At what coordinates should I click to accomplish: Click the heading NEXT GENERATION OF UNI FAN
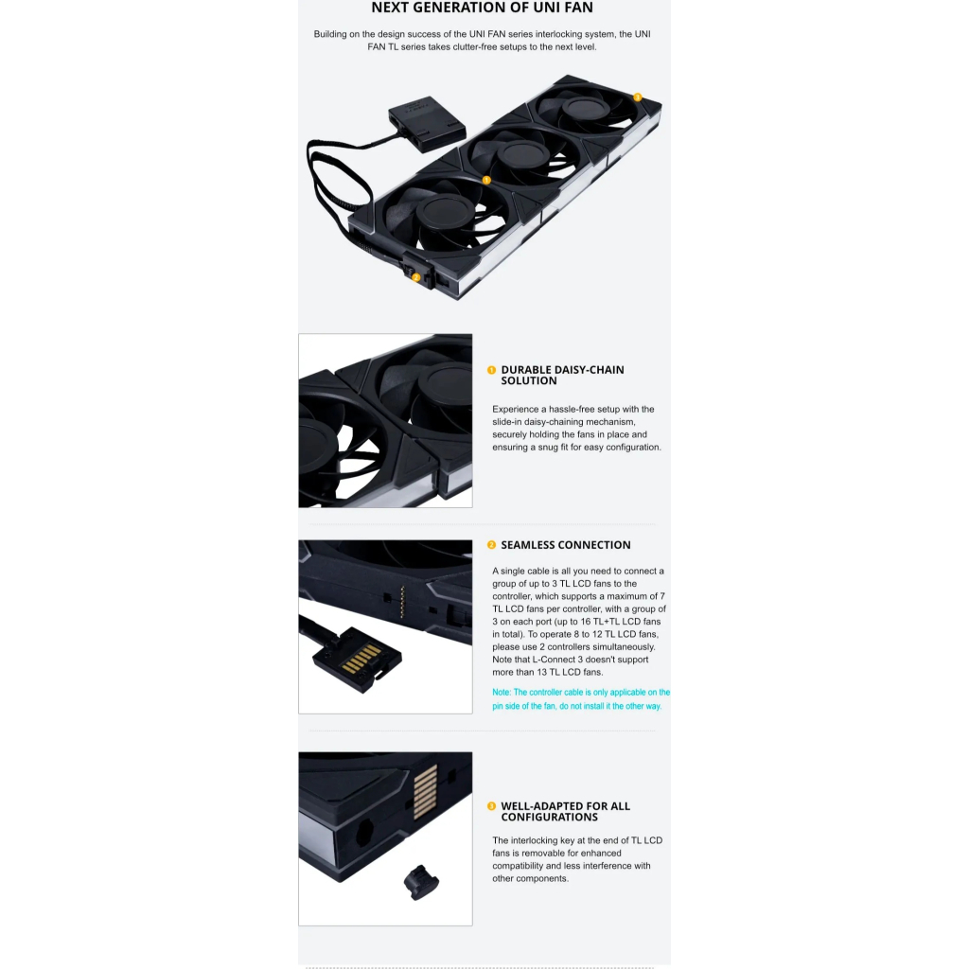pos(482,9)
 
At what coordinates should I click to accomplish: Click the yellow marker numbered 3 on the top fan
pos(638,97)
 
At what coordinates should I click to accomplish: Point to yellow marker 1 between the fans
pos(486,180)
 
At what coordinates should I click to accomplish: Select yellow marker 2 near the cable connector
pos(415,277)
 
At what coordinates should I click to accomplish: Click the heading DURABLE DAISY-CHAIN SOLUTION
pos(562,375)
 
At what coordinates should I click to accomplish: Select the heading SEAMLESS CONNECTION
pos(565,545)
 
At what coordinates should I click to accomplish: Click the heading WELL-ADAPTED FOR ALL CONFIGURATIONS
pos(565,811)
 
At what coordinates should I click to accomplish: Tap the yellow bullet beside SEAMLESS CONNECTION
pos(491,545)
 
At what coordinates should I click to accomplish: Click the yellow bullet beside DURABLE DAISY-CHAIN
pos(491,370)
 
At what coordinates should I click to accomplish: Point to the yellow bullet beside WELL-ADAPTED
pos(491,806)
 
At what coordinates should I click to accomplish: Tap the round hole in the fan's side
pos(361,836)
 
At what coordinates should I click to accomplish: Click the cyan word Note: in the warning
pos(502,693)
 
